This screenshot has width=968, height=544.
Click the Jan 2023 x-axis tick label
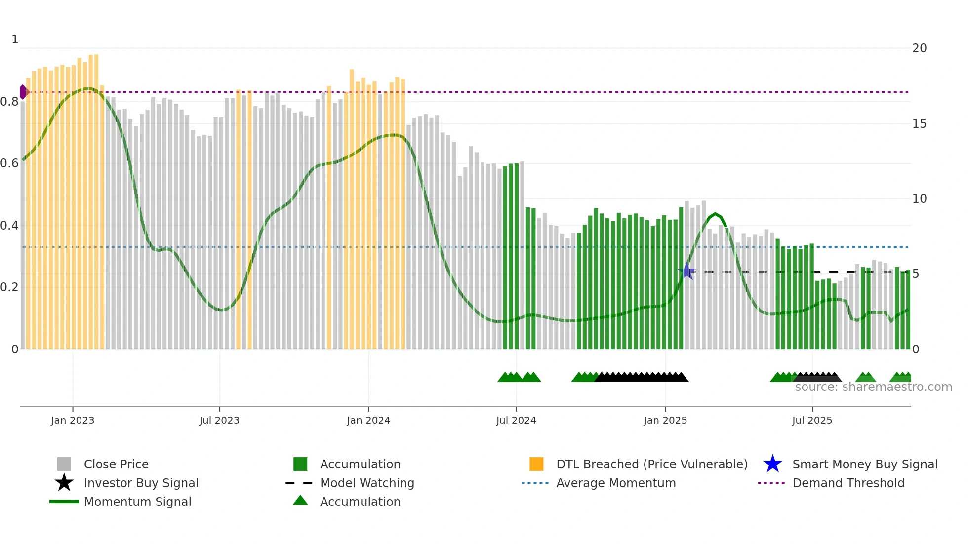73,420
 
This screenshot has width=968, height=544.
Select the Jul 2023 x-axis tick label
219,420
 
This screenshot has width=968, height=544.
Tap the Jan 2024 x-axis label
368,420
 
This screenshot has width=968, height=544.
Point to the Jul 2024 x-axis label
516,420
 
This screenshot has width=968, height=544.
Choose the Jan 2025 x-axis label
665,420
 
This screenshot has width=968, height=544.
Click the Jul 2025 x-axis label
812,420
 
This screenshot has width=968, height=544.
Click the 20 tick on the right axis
919,48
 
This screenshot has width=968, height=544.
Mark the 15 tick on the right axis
919,124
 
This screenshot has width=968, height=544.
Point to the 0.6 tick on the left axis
9,163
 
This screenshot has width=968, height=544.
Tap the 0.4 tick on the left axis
9,226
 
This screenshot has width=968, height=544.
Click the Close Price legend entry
116,464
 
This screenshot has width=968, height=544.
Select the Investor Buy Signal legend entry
141,483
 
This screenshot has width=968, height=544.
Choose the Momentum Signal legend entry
137,502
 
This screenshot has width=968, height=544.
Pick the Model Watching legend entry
367,483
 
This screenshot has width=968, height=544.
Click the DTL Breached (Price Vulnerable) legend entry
651,464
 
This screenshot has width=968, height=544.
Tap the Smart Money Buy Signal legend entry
864,464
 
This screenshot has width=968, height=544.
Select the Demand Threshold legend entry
848,483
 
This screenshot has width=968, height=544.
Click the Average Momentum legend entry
616,483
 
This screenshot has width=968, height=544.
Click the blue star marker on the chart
686,271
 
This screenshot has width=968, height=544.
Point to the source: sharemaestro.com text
873,387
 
